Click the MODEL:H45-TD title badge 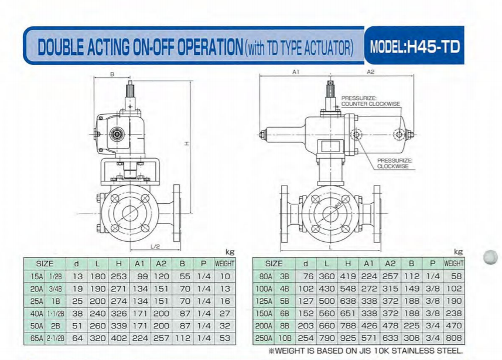[414, 46]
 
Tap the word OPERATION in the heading [210, 47]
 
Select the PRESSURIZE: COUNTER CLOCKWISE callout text [370, 101]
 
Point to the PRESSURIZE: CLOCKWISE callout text [394, 163]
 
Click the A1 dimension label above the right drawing [295, 72]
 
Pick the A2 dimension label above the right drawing [370, 72]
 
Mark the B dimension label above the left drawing [112, 74]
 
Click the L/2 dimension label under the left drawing [155, 246]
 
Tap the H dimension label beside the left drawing [187, 143]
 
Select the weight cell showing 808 [454, 338]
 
